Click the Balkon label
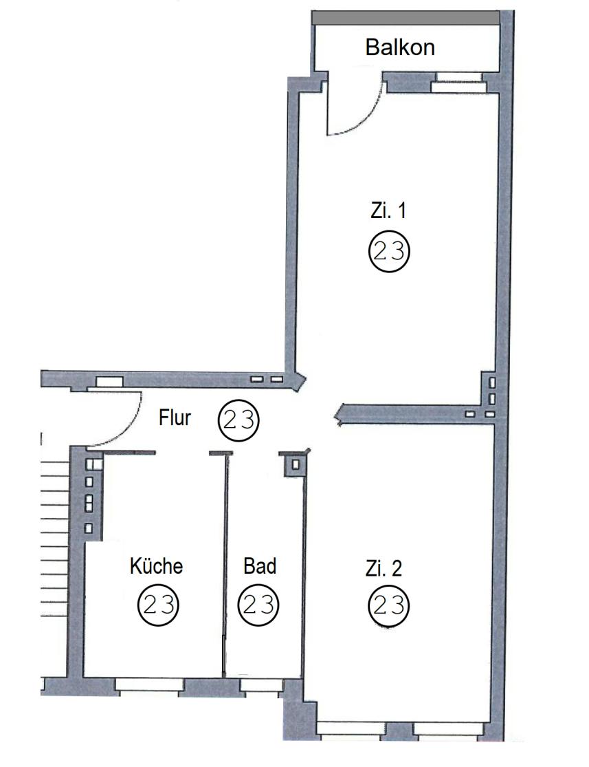(400, 47)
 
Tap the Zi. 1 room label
(388, 210)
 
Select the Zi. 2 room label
(384, 568)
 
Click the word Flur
(175, 418)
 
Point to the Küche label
(157, 566)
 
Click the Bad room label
(260, 566)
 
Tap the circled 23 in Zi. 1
(388, 252)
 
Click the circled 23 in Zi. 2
(388, 606)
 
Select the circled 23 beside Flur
(238, 420)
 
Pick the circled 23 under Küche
(158, 605)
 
